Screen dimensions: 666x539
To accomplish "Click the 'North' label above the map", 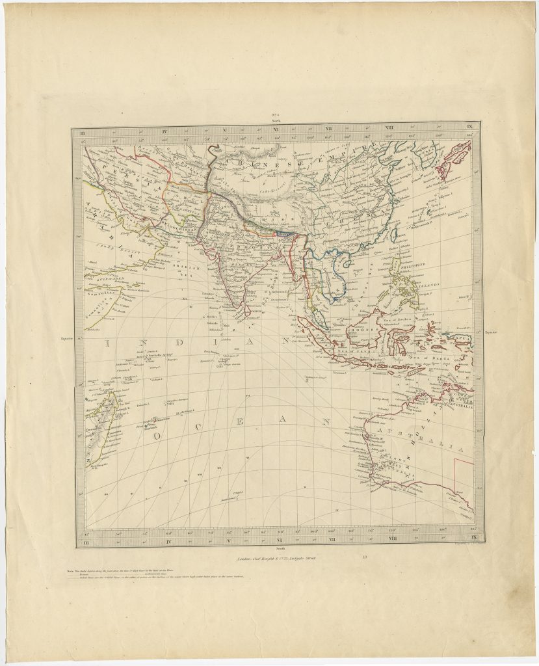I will pos(276,120).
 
